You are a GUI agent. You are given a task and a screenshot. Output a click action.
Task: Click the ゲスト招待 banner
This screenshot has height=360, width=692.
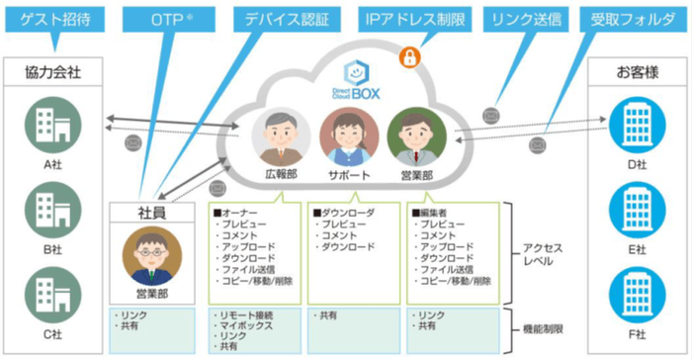coord(56,19)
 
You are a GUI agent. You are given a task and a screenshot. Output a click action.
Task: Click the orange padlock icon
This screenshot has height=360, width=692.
coord(408,57)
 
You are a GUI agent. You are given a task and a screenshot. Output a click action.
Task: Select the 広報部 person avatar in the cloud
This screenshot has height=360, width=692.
coord(282,136)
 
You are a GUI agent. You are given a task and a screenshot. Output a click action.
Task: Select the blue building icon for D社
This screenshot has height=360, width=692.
coord(629,125)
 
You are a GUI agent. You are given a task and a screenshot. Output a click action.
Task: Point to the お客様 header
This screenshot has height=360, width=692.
coord(636,74)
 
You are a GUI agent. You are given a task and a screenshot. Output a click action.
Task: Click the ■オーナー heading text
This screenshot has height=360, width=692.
coord(237,212)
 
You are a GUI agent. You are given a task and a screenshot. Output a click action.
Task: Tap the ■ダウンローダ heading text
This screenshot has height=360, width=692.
coord(343,212)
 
